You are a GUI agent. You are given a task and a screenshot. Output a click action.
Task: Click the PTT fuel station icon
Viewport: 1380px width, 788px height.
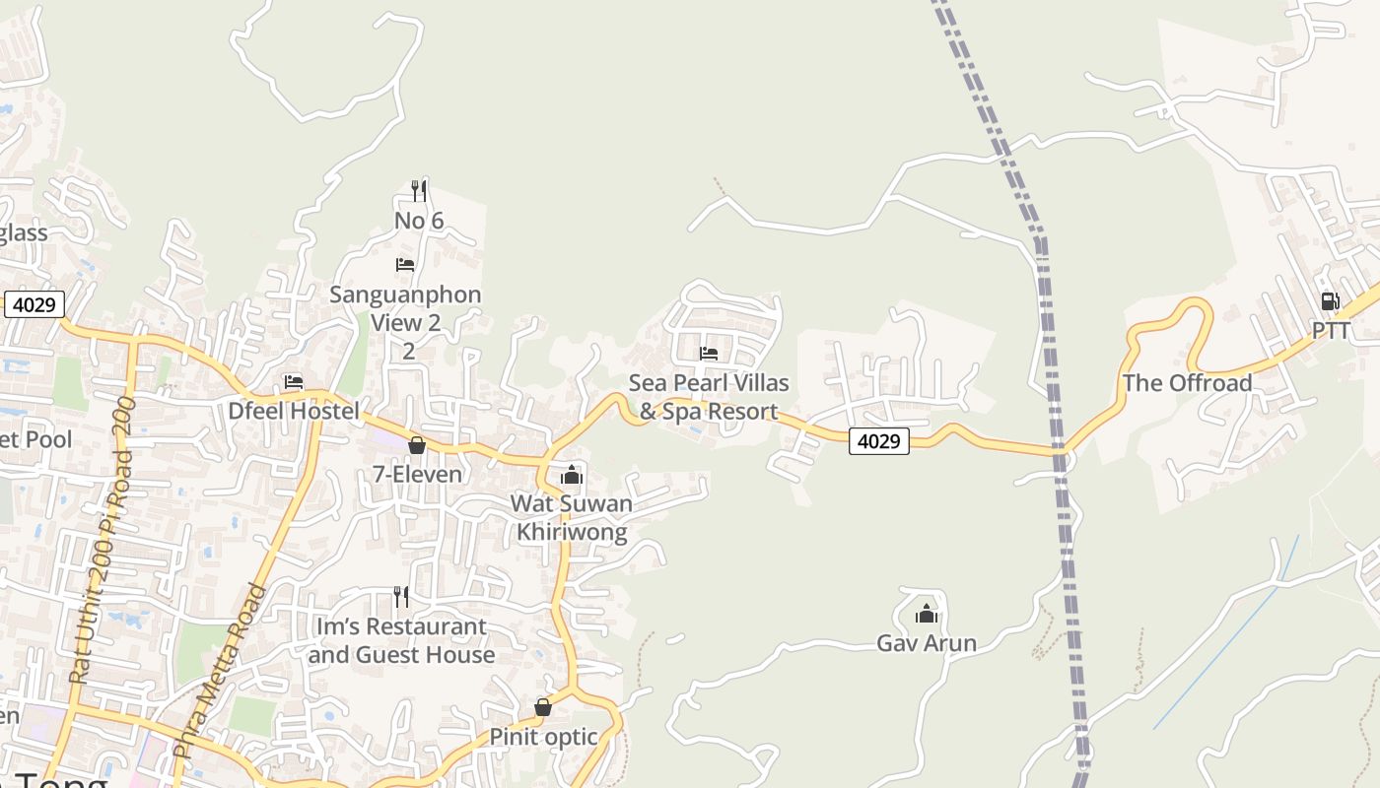coord(1330,301)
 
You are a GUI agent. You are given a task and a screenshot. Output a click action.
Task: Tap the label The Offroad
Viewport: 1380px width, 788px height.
coord(1187,383)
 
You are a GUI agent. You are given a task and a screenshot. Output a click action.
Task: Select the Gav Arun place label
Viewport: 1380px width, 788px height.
coord(927,643)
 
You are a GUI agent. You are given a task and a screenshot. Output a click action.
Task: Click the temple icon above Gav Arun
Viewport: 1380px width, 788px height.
coord(927,615)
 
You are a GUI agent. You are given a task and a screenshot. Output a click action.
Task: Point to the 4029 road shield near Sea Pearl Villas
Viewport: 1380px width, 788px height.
coord(878,441)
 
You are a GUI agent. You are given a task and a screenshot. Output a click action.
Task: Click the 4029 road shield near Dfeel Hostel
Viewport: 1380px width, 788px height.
coord(34,304)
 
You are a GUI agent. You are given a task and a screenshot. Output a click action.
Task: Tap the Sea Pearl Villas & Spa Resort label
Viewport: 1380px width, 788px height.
coord(709,397)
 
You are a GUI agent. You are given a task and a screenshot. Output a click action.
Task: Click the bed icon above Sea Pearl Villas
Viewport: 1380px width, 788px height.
coord(709,354)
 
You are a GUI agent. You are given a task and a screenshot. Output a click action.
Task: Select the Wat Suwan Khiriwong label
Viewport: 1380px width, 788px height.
coord(572,518)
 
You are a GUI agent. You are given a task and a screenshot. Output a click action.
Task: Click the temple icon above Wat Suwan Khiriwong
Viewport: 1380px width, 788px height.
coord(572,477)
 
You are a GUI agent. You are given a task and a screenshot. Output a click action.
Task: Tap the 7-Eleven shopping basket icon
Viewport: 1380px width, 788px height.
coord(417,445)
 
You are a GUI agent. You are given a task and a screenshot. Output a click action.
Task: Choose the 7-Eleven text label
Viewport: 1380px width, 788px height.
coord(417,474)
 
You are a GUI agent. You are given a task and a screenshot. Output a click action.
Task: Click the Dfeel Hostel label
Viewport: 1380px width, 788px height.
coord(294,411)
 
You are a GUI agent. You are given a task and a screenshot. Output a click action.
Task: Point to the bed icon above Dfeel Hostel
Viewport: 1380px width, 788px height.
coord(294,382)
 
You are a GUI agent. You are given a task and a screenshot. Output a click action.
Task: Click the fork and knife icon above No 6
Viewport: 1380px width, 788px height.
coord(419,190)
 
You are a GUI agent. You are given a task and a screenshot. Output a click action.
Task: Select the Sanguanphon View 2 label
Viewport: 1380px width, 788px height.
coord(405,308)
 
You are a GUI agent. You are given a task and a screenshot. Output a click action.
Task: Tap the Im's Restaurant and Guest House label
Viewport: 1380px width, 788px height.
coord(401,640)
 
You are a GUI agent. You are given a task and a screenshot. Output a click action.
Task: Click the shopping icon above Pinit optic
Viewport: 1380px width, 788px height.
coord(543,707)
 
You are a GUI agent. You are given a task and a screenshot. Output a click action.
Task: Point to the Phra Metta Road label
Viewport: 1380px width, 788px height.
coord(221,672)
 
